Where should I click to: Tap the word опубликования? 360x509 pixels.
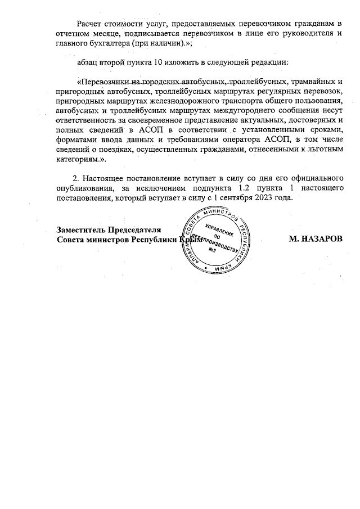88,190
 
